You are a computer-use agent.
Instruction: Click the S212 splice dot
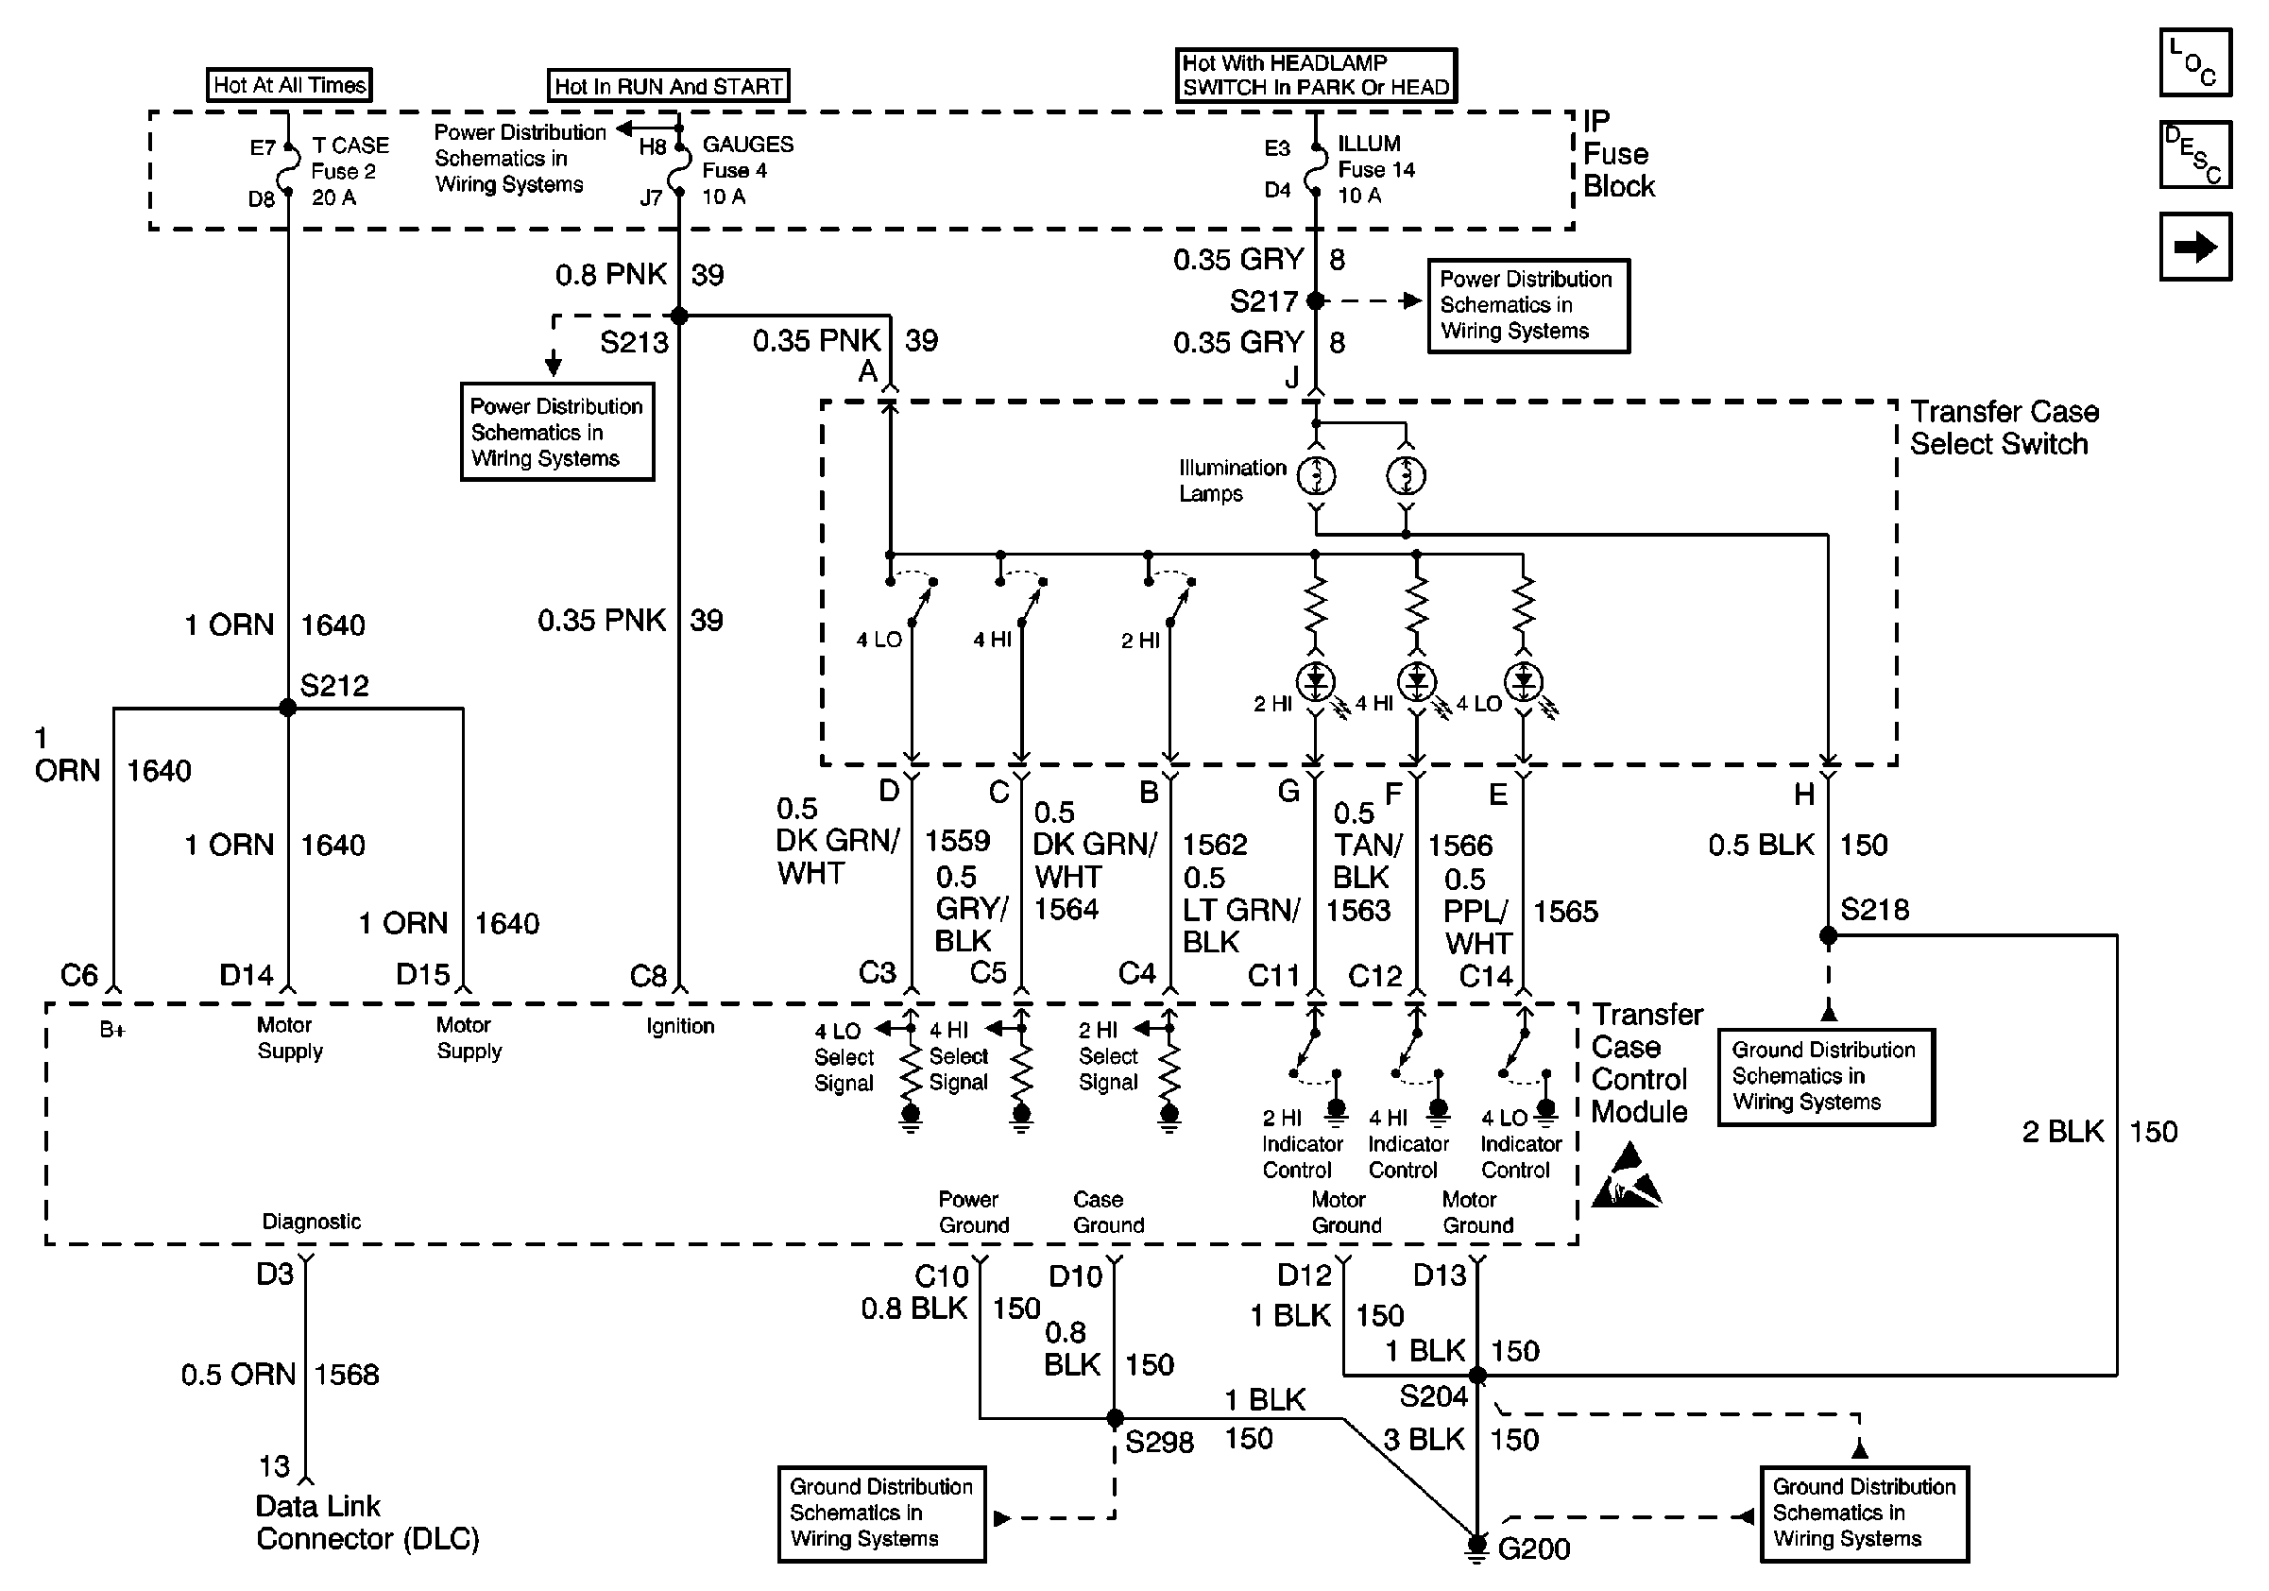point(287,708)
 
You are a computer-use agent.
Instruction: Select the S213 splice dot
point(679,316)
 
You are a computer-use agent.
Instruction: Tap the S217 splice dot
point(1315,300)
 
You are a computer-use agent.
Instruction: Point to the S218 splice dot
point(1828,934)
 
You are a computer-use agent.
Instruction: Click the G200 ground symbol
point(1476,1547)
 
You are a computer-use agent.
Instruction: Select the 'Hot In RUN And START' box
point(669,86)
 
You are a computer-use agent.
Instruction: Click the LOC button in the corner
point(2195,62)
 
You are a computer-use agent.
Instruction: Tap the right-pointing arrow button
point(2195,247)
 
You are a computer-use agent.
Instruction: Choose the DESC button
point(2195,154)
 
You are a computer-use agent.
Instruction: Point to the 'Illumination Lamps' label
point(1233,480)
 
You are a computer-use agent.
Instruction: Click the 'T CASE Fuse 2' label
point(350,158)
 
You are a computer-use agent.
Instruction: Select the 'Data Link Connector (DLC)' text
point(367,1522)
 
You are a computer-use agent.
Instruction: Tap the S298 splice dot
point(1115,1418)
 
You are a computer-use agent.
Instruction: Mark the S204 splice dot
point(1476,1375)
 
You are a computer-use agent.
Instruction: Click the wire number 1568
point(347,1375)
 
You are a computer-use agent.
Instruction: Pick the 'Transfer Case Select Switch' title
point(2005,428)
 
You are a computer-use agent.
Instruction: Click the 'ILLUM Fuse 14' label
point(1375,156)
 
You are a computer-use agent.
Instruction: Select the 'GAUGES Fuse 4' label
point(747,157)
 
